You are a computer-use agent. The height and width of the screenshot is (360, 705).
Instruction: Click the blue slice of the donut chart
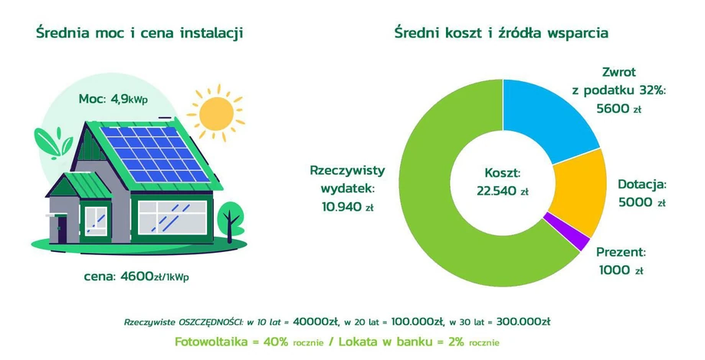(546, 119)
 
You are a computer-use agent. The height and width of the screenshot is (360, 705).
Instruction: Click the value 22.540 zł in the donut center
(502, 191)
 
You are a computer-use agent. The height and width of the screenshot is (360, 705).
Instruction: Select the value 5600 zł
(618, 108)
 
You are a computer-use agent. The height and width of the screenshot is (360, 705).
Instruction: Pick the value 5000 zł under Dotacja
(641, 202)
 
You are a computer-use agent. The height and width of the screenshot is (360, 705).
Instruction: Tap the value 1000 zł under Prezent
(621, 270)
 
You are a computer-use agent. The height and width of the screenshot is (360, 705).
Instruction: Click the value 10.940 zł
(348, 207)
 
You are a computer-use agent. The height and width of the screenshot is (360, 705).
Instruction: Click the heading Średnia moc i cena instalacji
(139, 33)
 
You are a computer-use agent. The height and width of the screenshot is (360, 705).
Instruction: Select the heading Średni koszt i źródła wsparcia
(501, 33)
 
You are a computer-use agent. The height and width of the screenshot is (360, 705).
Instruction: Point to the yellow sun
(216, 113)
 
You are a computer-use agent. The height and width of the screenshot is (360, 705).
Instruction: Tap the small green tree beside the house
(230, 221)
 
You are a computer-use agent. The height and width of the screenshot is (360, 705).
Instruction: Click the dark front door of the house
(62, 229)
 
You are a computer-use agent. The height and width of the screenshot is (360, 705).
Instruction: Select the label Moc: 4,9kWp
(113, 100)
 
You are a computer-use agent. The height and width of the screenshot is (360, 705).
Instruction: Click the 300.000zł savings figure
(523, 322)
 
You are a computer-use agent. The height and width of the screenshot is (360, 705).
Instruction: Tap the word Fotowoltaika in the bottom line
(211, 342)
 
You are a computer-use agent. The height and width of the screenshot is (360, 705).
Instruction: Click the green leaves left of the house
(53, 143)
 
